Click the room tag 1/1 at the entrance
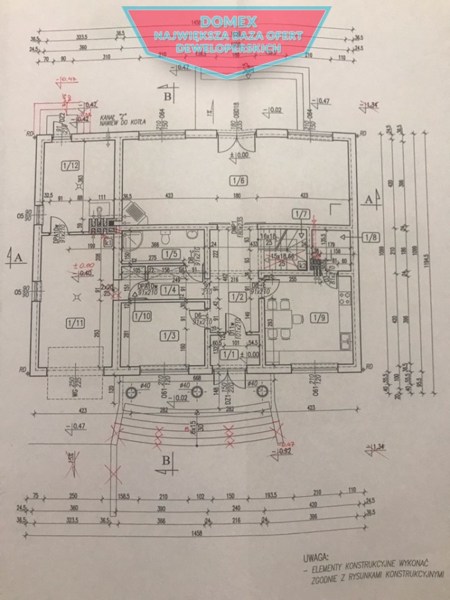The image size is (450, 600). [x=231, y=355]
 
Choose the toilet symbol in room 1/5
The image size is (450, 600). [x=164, y=237]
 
